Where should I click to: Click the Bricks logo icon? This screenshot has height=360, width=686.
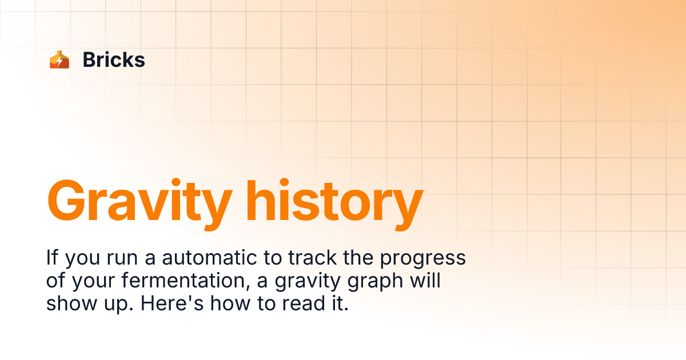[59, 60]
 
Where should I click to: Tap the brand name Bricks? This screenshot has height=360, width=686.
[114, 60]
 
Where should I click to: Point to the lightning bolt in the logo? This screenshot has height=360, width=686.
[60, 61]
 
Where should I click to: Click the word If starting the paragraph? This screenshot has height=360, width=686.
[53, 258]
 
